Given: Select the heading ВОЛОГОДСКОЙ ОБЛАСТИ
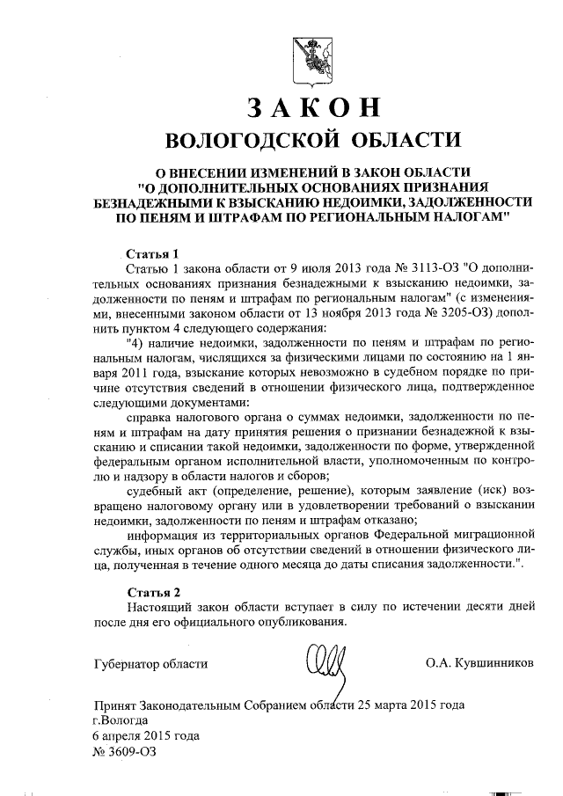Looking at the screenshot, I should [312, 141].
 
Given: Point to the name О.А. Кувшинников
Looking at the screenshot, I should [479, 662].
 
